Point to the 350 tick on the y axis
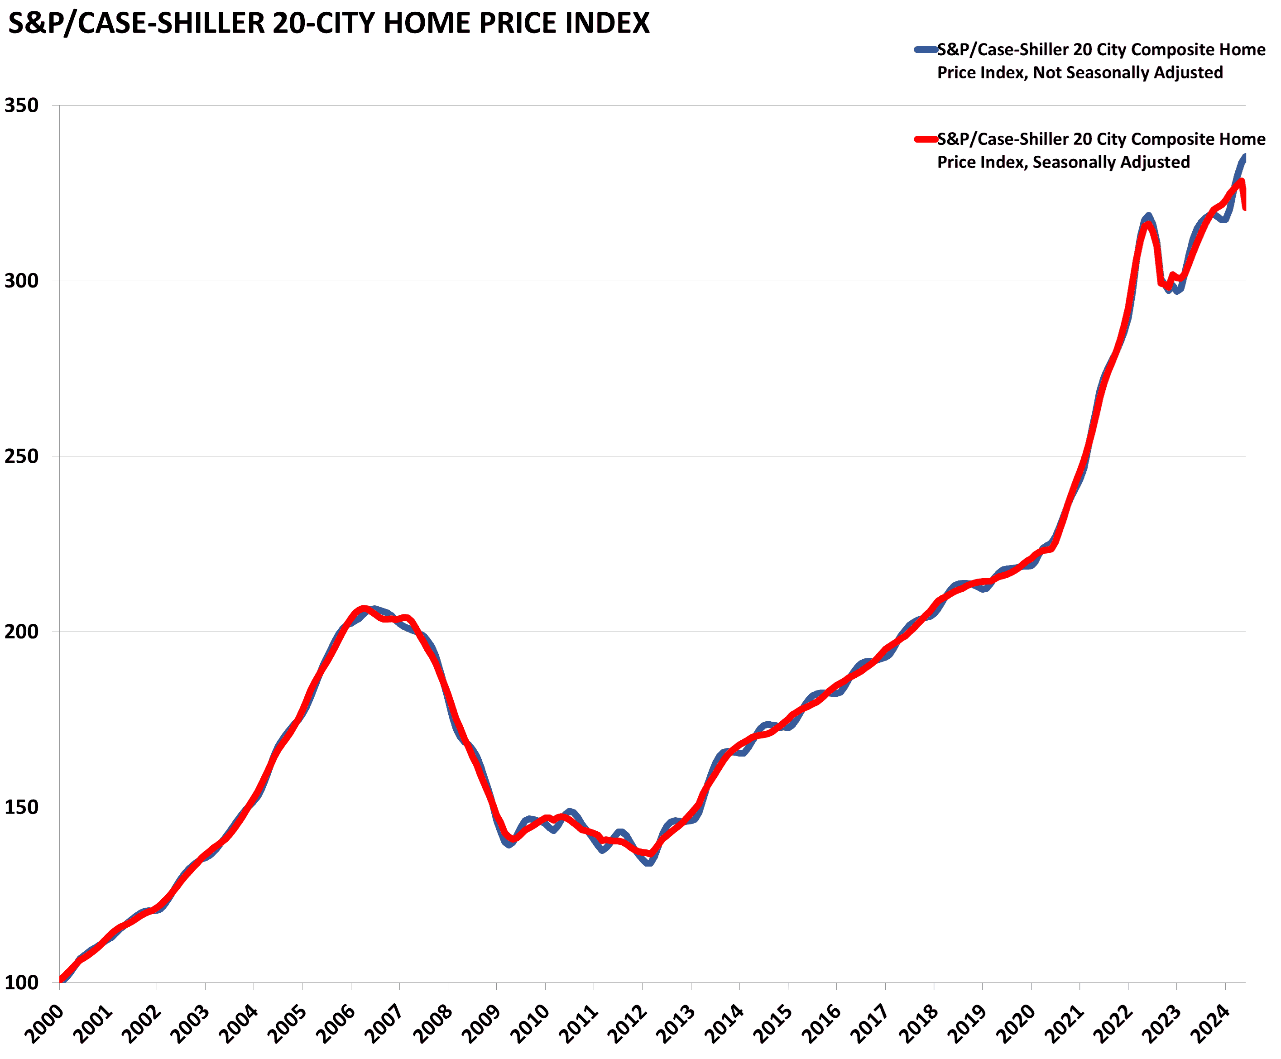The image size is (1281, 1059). click(21, 105)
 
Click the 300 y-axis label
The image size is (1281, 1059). click(21, 281)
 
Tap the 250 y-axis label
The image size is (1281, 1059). click(21, 456)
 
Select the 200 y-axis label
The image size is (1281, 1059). click(21, 632)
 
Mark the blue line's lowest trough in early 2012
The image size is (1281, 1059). click(648, 863)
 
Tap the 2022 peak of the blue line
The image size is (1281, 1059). click(1148, 216)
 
